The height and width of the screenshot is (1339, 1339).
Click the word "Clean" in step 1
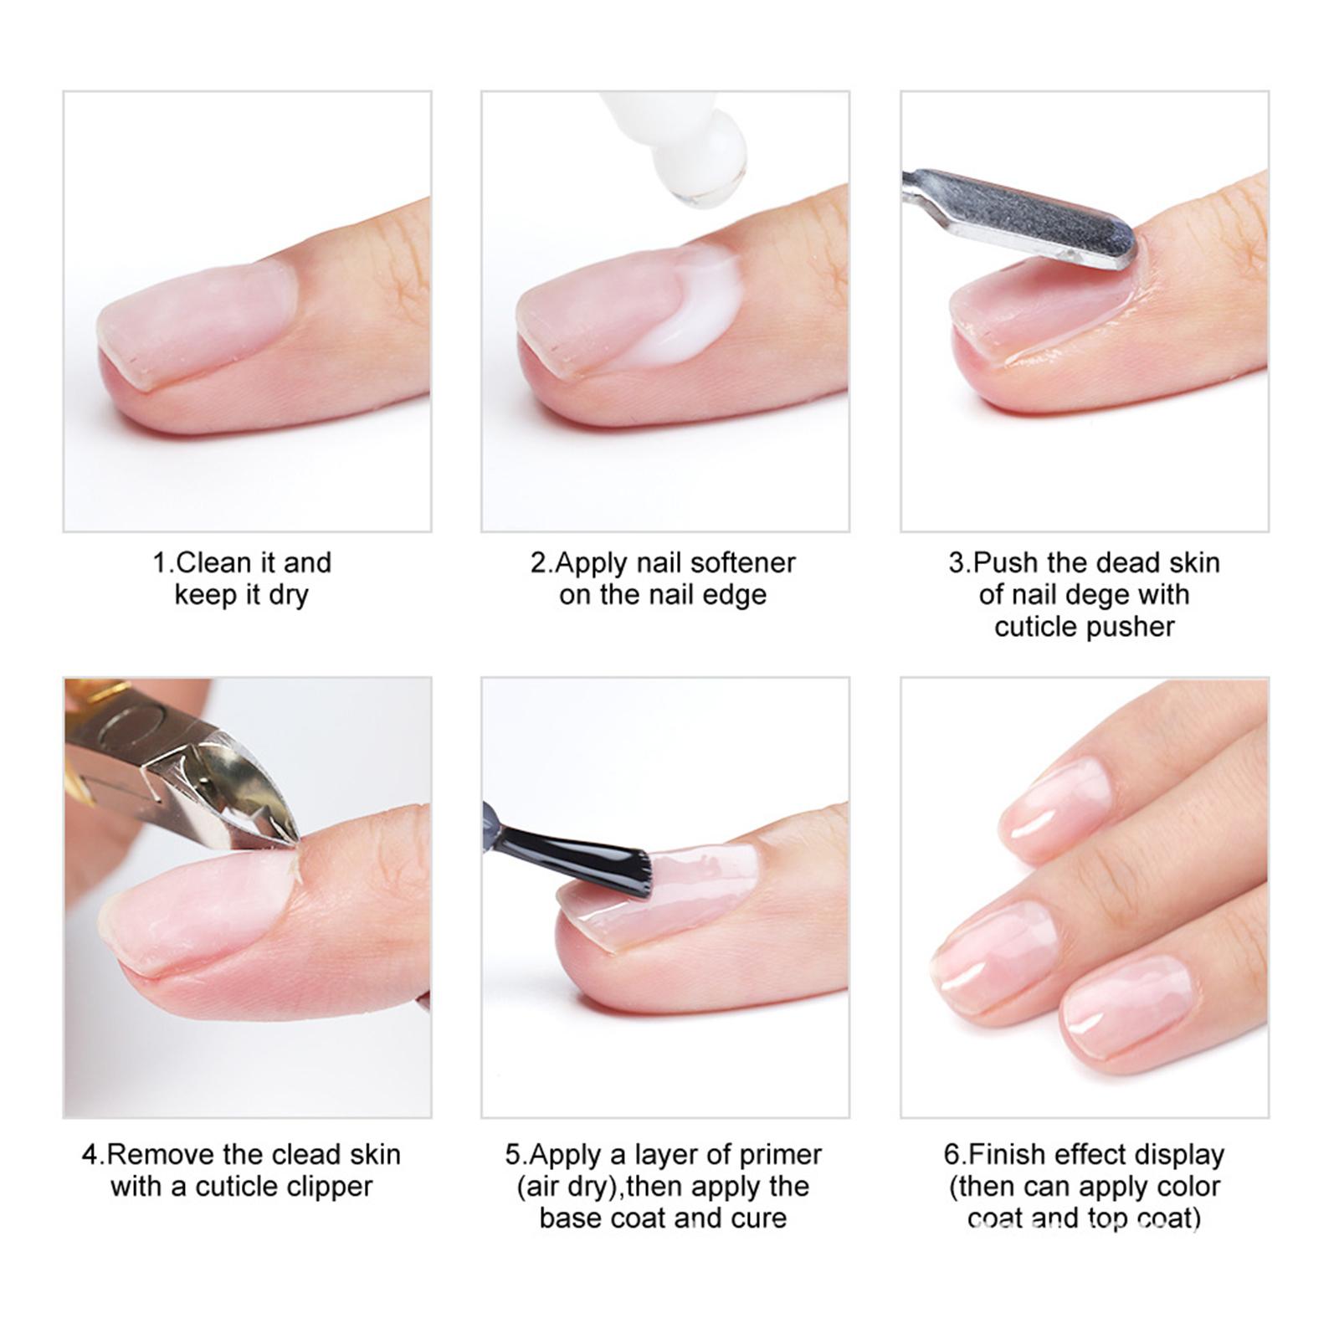(213, 562)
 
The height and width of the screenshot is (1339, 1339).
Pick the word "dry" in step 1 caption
(290, 596)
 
